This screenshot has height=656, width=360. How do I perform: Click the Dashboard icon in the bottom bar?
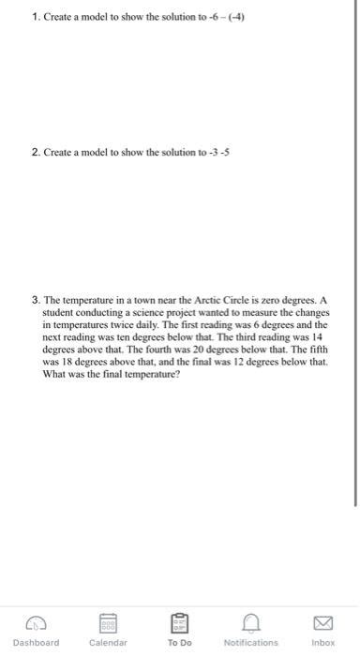point(37,621)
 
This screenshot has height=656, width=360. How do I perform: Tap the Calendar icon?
point(108,621)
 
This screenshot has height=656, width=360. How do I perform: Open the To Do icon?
point(179,621)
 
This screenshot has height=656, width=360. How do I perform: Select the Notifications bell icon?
point(250,621)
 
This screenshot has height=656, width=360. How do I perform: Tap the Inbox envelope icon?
point(322,621)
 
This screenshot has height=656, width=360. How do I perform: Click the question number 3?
point(35,301)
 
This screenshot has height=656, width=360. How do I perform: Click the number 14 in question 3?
point(321,332)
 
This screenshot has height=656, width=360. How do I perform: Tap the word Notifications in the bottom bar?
point(251,643)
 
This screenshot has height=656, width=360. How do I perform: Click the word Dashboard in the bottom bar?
point(37,643)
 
